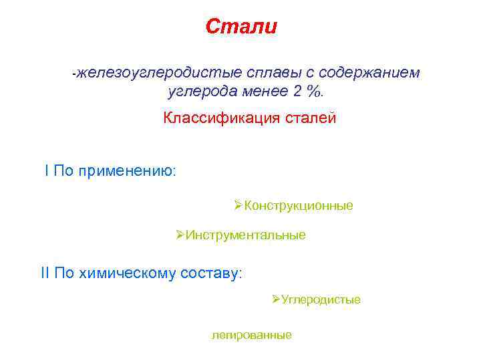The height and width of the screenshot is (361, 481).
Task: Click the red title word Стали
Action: [240, 27]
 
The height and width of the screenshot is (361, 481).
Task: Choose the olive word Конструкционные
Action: [298, 206]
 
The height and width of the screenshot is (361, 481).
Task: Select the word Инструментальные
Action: [245, 235]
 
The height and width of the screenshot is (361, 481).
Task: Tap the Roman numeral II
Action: [45, 273]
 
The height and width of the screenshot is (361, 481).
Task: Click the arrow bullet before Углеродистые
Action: [276, 299]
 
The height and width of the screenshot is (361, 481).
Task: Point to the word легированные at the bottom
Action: [251, 335]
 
